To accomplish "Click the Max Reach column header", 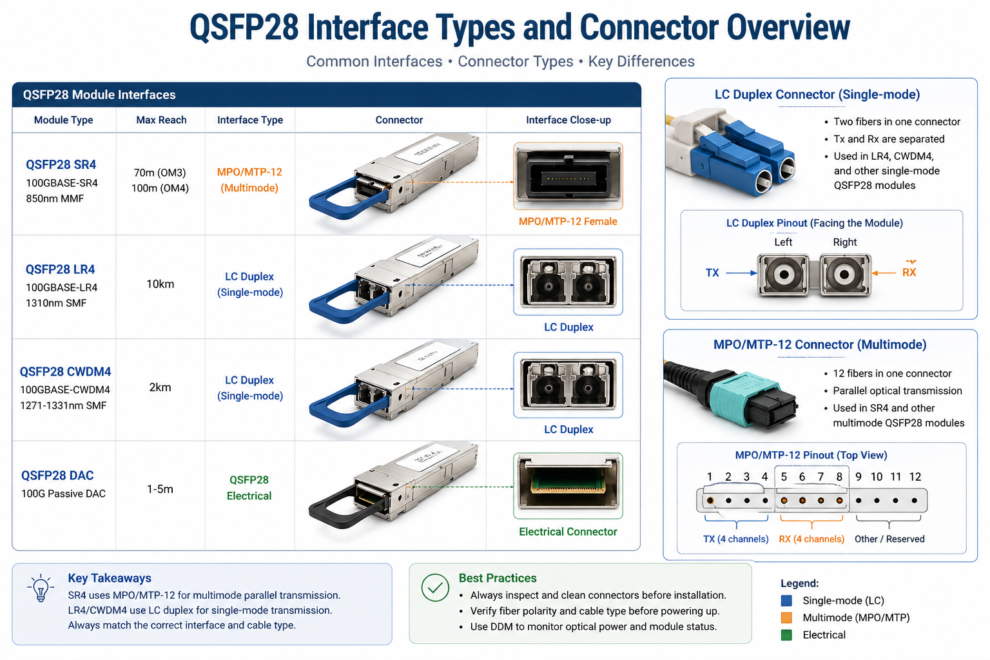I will coord(161,120).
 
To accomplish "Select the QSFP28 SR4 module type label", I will coord(61,164).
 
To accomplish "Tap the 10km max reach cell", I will coord(160,284).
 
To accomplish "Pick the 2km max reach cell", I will coord(160,387).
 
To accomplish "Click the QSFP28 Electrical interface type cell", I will coord(249,488).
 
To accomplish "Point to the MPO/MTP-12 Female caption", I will coord(568,222).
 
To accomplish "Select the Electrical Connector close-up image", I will coord(568,485).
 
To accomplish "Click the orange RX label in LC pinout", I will coord(909,273).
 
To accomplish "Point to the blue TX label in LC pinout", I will coord(712,273).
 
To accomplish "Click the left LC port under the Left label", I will coord(784,275).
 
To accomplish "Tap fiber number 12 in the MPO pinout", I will coord(915,500).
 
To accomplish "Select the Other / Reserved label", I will coord(889,539).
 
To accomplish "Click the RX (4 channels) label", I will coord(811,539).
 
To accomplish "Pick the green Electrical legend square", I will coord(786,635).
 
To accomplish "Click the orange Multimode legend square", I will coord(786,617).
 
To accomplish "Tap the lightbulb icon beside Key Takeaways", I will coord(41,588).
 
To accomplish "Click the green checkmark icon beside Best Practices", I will coord(435,588).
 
